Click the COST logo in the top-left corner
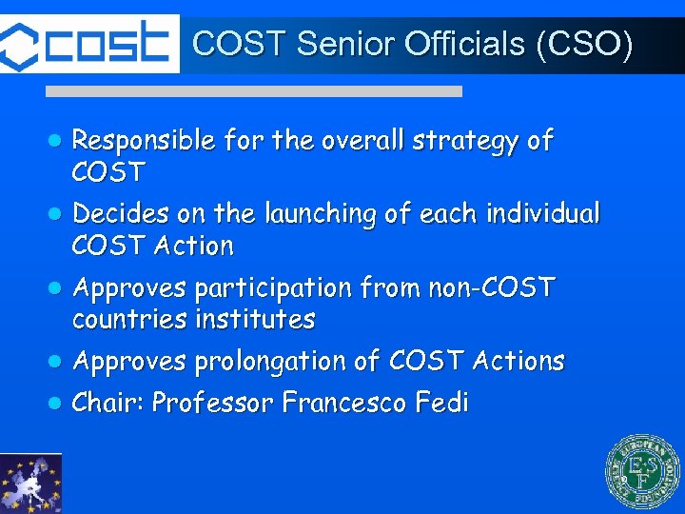(x=89, y=43)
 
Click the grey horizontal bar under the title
(x=255, y=91)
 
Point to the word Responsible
(x=144, y=142)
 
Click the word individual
(x=542, y=214)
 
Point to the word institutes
(x=254, y=319)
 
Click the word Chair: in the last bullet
(x=108, y=404)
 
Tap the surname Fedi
(x=442, y=404)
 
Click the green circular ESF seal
(x=644, y=472)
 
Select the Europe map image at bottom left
(x=30, y=484)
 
